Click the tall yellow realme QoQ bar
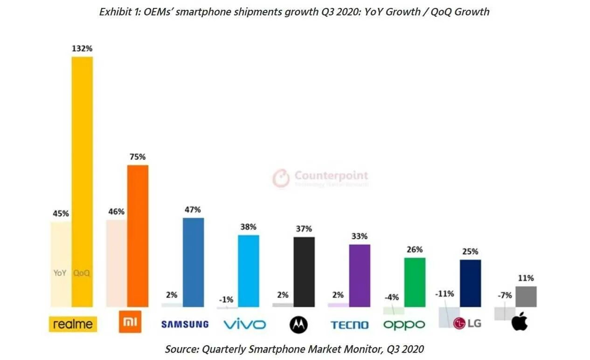pyautogui.click(x=82, y=182)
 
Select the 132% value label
pyautogui.click(x=82, y=48)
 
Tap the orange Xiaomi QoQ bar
pyautogui.click(x=138, y=236)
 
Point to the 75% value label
pyautogui.click(x=138, y=157)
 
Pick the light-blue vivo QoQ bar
pyautogui.click(x=249, y=271)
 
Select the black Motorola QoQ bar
pyautogui.click(x=304, y=272)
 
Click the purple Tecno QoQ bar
pyautogui.click(x=360, y=276)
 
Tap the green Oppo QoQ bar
pyautogui.click(x=415, y=282)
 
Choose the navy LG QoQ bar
pyautogui.click(x=470, y=283)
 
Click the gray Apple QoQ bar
pyautogui.click(x=526, y=297)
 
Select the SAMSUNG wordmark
pyautogui.click(x=185, y=324)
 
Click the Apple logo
pyautogui.click(x=519, y=322)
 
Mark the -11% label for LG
pyautogui.click(x=444, y=294)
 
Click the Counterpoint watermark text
pyautogui.click(x=331, y=176)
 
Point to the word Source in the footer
pyautogui.click(x=181, y=349)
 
